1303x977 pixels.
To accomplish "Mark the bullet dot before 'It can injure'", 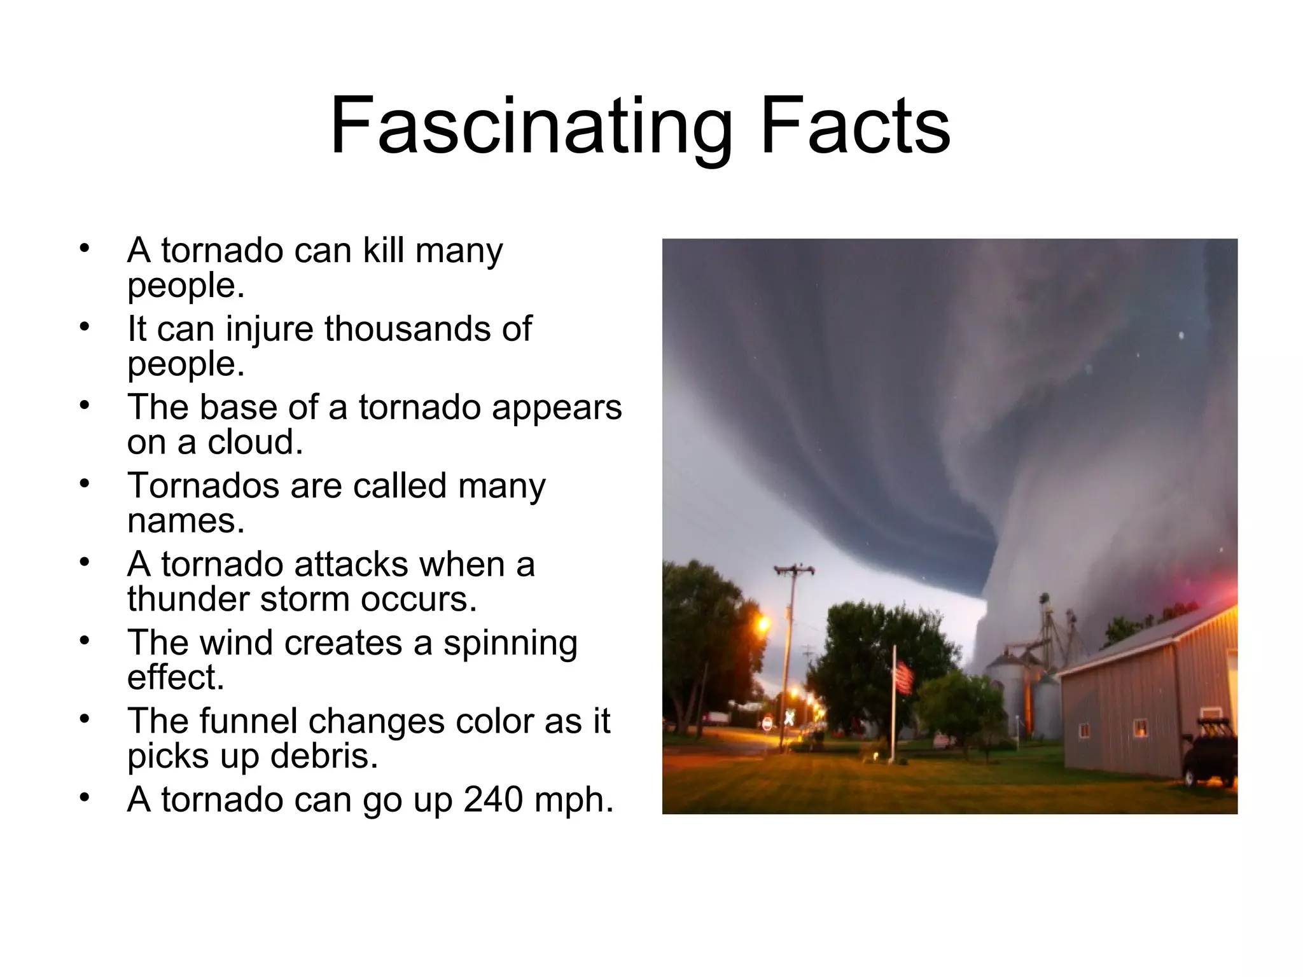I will click(x=85, y=327).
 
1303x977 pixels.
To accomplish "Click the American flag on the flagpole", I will click(x=904, y=677).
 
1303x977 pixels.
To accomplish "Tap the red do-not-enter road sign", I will click(x=767, y=724).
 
